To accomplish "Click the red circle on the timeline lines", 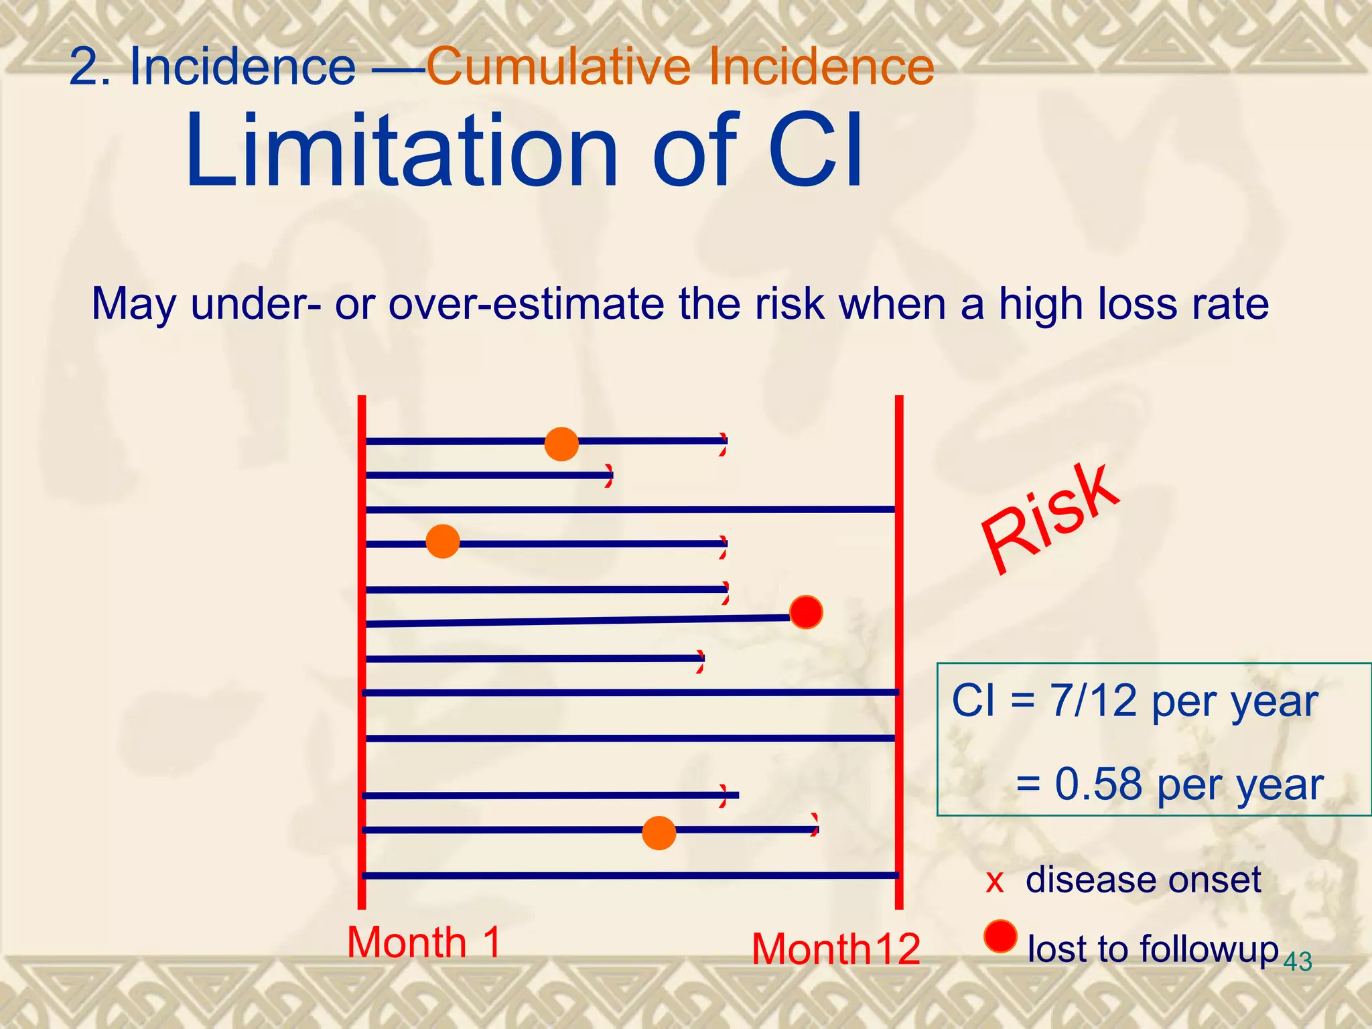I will (x=806, y=612).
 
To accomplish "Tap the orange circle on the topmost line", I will (x=561, y=443).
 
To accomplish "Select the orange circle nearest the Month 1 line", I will (x=443, y=541).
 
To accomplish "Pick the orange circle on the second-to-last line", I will (x=659, y=833).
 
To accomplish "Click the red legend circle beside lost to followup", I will (x=1000, y=936).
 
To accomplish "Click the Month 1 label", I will (x=423, y=943).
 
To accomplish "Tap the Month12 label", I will (x=835, y=949).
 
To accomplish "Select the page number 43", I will (x=1298, y=962).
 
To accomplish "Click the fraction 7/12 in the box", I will (x=1093, y=701).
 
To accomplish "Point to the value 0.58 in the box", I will (x=1098, y=784).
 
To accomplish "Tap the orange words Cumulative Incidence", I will (x=680, y=66).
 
